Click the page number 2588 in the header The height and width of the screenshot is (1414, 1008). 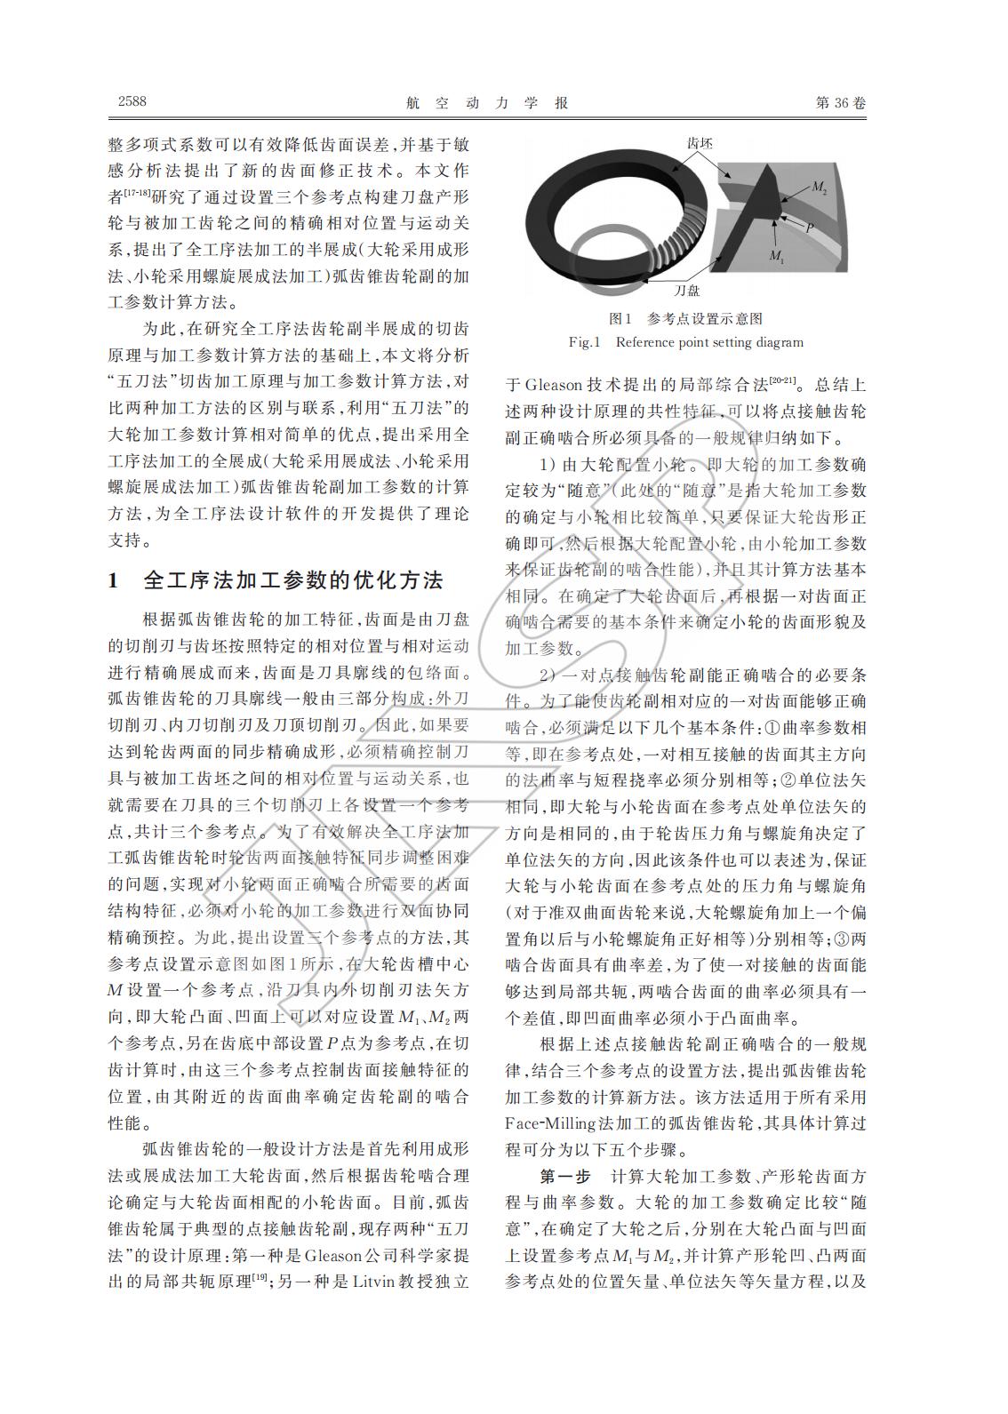(132, 101)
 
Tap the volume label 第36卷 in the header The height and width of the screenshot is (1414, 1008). (840, 102)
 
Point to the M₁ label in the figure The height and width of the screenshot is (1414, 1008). (776, 256)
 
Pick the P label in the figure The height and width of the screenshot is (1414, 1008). (810, 228)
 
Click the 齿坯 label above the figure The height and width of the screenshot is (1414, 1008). (699, 142)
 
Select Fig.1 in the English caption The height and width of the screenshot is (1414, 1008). (586, 342)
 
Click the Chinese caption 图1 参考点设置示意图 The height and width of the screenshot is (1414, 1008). (685, 318)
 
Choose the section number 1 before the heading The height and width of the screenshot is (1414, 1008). (113, 581)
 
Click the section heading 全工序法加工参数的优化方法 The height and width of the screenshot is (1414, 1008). (293, 581)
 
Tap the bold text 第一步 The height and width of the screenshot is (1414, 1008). (564, 1177)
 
